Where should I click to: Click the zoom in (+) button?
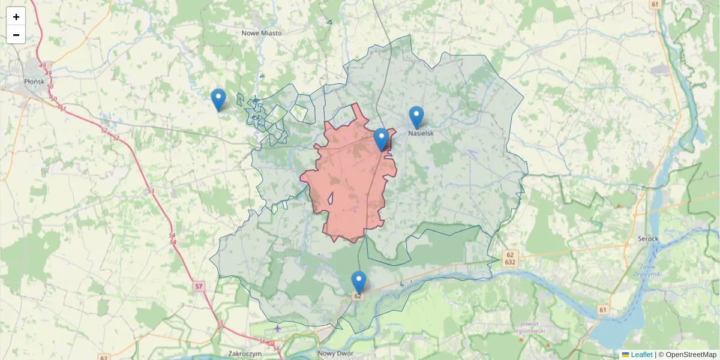click(16, 17)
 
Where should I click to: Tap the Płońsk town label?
click(32, 81)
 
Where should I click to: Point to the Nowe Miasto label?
click(262, 33)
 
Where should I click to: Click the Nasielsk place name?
click(421, 133)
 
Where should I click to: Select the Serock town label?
click(648, 239)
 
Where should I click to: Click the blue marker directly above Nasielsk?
click(416, 116)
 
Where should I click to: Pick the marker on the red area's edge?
click(381, 139)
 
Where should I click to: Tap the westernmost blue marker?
click(218, 99)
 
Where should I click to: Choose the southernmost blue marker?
click(358, 281)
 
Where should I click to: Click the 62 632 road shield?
click(511, 258)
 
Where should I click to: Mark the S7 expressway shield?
click(199, 287)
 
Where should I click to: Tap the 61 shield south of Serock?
click(602, 310)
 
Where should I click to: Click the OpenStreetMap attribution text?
click(687, 355)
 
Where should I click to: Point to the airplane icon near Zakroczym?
click(277, 328)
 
